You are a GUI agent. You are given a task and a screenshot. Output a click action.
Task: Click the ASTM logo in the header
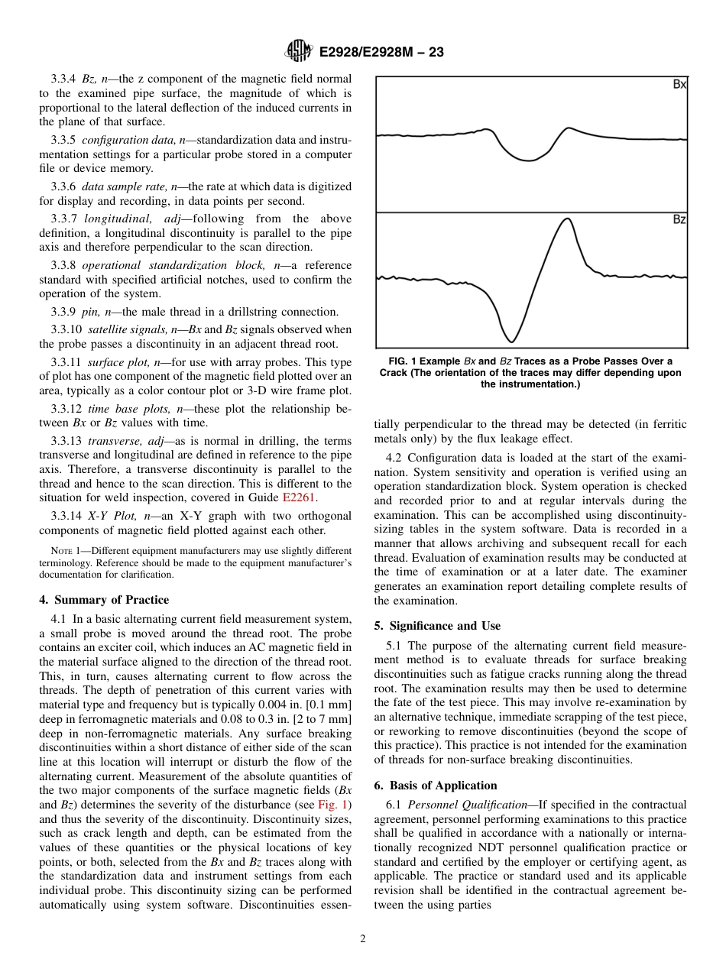(298, 51)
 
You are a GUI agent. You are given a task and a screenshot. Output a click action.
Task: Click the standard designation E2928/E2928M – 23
(381, 52)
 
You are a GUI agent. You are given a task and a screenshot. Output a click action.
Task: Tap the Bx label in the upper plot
(679, 85)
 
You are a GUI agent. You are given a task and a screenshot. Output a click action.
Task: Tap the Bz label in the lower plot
(679, 219)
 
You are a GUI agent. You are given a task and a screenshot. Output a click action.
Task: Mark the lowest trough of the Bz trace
(511, 341)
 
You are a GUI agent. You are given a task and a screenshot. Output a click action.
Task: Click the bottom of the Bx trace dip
(526, 160)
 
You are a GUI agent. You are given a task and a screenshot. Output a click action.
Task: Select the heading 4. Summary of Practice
(104, 600)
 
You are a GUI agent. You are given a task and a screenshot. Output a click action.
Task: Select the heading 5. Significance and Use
(437, 626)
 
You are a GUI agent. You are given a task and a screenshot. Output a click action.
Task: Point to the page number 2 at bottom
(363, 939)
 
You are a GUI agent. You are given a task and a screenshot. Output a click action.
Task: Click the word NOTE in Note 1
(61, 551)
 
